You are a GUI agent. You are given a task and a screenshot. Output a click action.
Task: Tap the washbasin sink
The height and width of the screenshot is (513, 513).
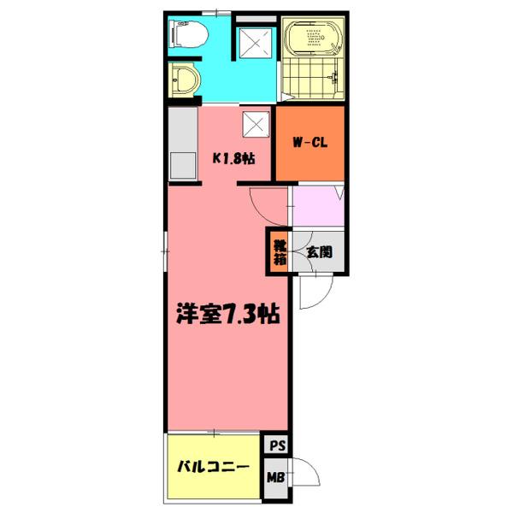tap(184, 83)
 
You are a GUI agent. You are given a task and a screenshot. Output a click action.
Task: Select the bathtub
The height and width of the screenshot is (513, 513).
tap(313, 38)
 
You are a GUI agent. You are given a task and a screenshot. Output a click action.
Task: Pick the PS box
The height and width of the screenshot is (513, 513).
tap(277, 445)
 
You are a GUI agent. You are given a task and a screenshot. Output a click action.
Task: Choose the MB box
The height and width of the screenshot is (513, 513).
tap(277, 477)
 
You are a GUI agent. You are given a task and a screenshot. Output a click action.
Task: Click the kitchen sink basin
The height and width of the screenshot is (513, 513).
tap(182, 164)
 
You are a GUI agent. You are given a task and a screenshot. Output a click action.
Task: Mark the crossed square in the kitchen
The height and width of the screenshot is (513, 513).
tap(256, 126)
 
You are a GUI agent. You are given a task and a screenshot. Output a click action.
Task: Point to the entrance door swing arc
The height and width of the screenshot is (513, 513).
tap(315, 295)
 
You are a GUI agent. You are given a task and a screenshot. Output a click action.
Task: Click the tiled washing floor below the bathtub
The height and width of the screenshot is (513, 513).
tap(313, 82)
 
